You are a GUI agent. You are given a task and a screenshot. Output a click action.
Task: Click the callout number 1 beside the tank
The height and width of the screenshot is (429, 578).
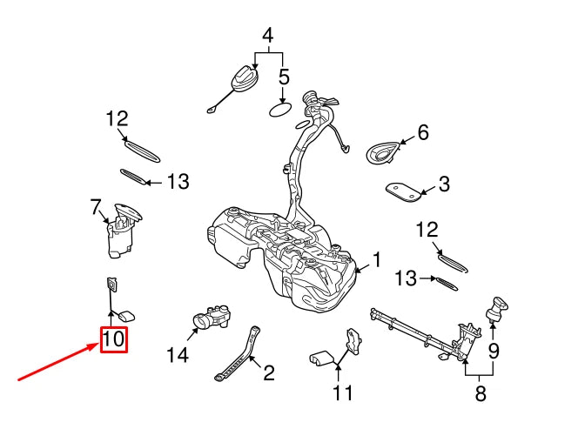click(x=377, y=258)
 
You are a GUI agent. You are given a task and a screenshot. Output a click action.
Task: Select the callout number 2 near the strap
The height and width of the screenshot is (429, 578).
click(x=268, y=373)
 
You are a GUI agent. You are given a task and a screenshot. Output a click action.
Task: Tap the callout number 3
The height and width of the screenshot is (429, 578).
click(x=444, y=184)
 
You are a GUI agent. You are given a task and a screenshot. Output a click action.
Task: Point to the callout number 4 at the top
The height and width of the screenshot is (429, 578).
click(x=268, y=36)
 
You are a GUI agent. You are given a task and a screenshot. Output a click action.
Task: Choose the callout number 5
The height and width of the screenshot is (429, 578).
click(x=284, y=77)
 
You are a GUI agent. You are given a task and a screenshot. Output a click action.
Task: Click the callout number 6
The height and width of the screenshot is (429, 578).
click(x=423, y=133)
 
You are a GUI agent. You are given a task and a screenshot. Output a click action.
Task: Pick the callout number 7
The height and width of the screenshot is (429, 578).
click(x=96, y=207)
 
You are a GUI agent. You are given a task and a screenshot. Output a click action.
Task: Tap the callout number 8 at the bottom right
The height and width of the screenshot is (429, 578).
click(x=480, y=393)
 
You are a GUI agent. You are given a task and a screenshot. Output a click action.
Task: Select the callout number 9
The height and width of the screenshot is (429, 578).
click(x=494, y=352)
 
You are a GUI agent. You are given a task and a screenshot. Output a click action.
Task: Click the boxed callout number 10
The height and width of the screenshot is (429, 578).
click(x=114, y=339)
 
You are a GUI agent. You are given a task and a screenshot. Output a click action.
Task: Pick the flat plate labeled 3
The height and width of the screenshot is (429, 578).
click(x=403, y=191)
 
